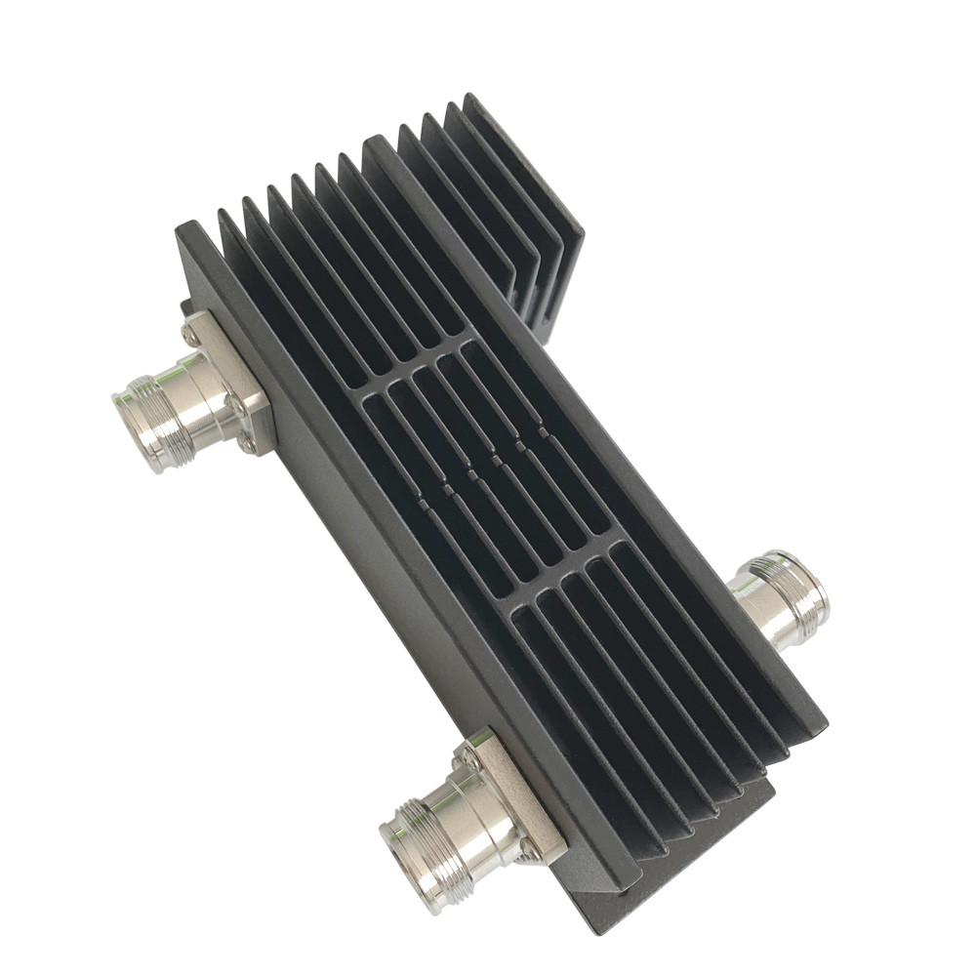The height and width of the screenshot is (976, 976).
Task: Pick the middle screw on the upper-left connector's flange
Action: coord(234,398)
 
